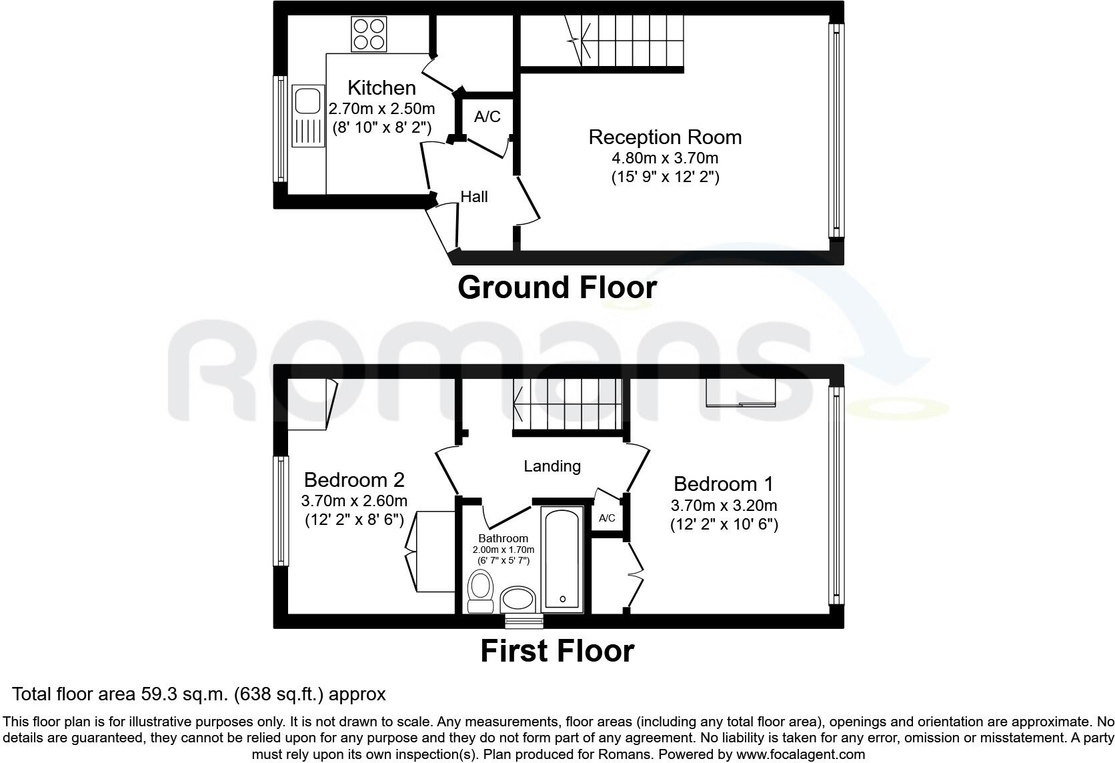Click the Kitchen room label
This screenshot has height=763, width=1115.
pos(381,88)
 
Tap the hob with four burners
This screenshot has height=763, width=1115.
pos(369,34)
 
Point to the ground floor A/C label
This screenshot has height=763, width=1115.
pos(487,117)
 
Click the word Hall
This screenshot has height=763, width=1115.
pos(474,197)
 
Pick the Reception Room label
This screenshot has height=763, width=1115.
pos(665,137)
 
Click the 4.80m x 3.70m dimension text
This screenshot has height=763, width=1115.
pos(665,158)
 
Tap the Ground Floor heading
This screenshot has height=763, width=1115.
pos(557,287)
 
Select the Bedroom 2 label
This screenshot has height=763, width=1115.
pos(354,480)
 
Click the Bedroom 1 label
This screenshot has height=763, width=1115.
pos(724,484)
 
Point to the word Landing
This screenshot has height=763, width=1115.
pos(551,466)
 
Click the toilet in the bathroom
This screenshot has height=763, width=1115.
pos(479,590)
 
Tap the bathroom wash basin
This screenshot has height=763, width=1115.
pos(517,599)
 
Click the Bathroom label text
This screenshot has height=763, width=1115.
pos(503,538)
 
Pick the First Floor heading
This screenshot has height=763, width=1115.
pos(557,651)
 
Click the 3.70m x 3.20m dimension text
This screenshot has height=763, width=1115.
pos(724,506)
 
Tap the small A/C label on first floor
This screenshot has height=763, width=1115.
pos(607,518)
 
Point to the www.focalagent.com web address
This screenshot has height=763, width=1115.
pos(800,755)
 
